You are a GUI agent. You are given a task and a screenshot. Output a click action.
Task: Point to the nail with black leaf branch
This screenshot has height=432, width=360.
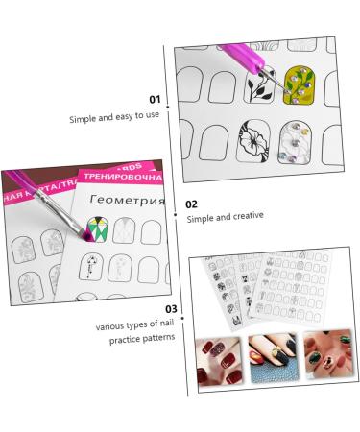click(260, 88)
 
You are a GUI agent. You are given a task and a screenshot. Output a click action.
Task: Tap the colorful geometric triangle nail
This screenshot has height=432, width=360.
click(96, 228)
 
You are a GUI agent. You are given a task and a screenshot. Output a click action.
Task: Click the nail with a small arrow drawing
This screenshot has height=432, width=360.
click(90, 265)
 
